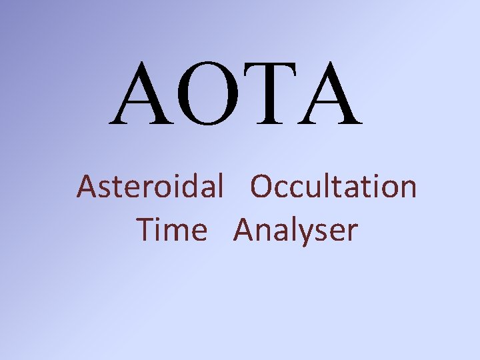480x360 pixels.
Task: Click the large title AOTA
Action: tap(237, 95)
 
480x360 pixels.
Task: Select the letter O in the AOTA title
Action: tap(210, 95)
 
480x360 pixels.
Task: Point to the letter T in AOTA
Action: tap(271, 95)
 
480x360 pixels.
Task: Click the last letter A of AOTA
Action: tap(329, 95)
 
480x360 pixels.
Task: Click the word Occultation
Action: tap(333, 187)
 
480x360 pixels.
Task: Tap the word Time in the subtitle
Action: tap(172, 231)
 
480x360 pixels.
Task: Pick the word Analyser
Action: tap(295, 231)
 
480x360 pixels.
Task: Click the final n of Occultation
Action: tap(407, 189)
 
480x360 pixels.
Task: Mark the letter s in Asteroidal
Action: tap(104, 189)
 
